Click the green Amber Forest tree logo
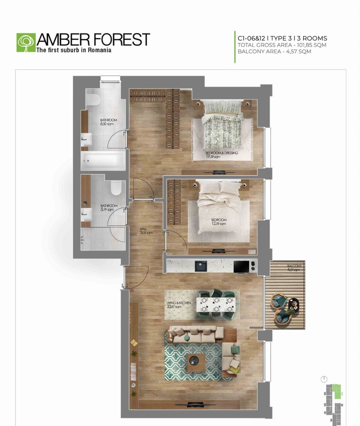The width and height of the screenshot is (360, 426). (x=26, y=43)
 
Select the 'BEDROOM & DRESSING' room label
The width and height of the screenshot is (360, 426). (x=221, y=153)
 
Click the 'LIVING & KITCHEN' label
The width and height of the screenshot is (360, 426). (x=178, y=303)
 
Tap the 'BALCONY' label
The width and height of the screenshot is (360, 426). (x=294, y=266)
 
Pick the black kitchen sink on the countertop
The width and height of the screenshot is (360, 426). (x=201, y=266)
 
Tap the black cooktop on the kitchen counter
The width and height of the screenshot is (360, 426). (x=241, y=266)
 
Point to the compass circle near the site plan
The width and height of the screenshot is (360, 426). (x=324, y=379)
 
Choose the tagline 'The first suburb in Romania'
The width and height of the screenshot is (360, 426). (x=74, y=50)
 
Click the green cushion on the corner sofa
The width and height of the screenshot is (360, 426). (x=235, y=350)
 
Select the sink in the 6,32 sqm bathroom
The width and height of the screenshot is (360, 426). (x=86, y=138)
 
